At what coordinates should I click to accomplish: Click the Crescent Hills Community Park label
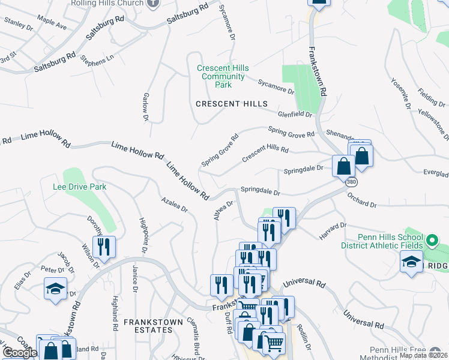tap(223, 76)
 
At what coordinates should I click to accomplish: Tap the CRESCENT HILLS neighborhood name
tap(232, 104)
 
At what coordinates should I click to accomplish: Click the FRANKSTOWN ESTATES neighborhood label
tap(153, 322)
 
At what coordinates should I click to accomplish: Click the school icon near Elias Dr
tap(55, 289)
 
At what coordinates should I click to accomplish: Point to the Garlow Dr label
tap(145, 106)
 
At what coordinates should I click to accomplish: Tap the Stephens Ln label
tap(97, 61)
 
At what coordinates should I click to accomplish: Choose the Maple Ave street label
tap(52, 27)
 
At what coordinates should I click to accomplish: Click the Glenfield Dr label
tap(295, 114)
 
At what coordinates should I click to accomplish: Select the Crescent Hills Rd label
tap(265, 153)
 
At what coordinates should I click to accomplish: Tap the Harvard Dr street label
tap(333, 232)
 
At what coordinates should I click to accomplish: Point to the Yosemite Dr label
tap(400, 94)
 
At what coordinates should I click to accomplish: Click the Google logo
tap(20, 353)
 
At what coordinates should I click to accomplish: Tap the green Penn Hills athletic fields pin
tap(431, 242)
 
